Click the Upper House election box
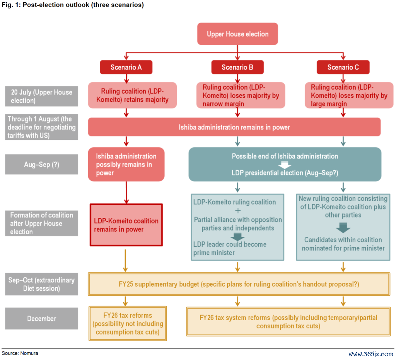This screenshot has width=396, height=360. click(237, 34)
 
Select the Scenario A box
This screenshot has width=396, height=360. click(126, 67)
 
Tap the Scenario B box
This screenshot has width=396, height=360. click(237, 67)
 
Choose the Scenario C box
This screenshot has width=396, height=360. click(343, 67)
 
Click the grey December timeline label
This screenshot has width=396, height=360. click(41, 318)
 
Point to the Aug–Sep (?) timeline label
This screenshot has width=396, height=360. click(41, 165)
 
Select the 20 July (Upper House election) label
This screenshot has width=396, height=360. click(41, 96)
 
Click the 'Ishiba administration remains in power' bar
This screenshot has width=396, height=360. click(234, 127)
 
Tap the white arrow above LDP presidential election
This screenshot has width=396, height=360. click(285, 165)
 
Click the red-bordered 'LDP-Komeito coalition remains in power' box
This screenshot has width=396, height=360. click(126, 225)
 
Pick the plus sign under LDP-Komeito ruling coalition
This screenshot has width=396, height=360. click(238, 211)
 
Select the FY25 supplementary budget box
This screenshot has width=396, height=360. click(239, 284)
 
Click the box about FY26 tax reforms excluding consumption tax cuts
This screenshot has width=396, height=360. click(128, 323)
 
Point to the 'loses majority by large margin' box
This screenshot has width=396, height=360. click(349, 95)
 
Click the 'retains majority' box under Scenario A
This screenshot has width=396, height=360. click(132, 95)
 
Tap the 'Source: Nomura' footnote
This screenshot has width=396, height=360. click(20, 353)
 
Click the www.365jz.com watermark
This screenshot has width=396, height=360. click(371, 354)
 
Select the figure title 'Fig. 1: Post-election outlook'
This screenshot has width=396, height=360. click(73, 5)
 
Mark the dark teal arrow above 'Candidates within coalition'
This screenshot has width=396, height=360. click(343, 228)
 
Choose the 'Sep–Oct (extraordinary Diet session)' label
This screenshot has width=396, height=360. click(41, 284)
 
